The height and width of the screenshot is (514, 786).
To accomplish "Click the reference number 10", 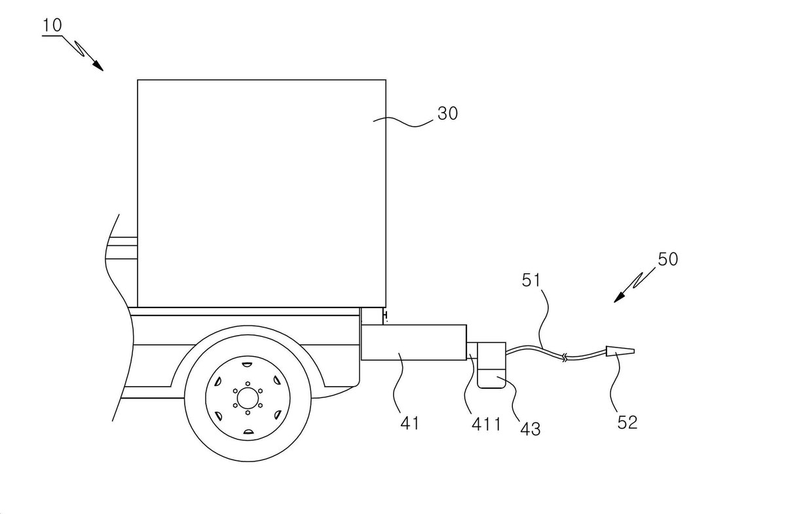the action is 52,26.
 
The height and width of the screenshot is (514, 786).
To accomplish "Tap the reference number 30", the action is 447,113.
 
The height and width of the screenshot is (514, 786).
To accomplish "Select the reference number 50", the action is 667,259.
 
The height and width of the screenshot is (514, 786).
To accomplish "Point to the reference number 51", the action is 531,281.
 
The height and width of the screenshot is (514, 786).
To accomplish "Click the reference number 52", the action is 627,422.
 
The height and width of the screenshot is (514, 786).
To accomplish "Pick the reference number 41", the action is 409,423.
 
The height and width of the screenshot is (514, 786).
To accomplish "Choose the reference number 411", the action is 486,424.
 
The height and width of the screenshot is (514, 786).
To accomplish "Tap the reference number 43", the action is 530,429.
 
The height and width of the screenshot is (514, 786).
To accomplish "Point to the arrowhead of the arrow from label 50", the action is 619,298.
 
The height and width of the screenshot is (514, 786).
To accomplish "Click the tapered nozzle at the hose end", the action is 620,351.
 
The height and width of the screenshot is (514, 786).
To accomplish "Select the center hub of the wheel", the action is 248,399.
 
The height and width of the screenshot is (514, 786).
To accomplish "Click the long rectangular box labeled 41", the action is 414,342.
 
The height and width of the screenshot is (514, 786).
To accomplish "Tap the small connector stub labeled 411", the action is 472,350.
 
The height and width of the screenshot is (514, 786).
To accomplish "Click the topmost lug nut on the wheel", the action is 248,384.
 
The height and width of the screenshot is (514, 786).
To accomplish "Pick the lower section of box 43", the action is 492,378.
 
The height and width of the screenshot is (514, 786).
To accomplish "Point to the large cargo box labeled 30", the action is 262,193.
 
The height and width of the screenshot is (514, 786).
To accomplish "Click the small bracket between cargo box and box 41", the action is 372,316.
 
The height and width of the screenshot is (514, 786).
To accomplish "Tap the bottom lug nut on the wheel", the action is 248,413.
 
